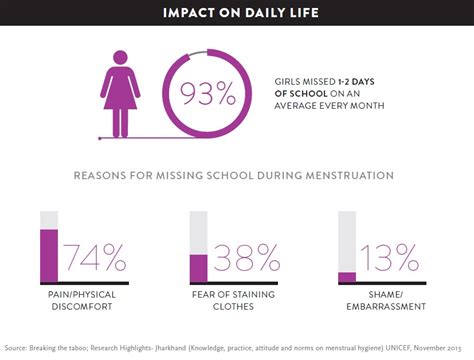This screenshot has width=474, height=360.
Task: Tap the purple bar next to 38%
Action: [198, 268]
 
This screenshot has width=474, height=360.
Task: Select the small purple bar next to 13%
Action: [347, 277]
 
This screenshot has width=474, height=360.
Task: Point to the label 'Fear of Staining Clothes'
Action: [236, 304]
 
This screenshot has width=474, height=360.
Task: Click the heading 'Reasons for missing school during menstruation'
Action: [234, 175]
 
